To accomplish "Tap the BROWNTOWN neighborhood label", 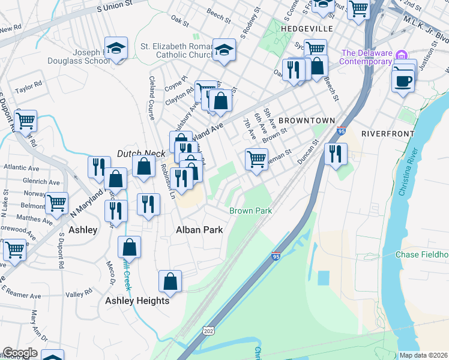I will point(306,121).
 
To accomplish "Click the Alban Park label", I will point(199,230).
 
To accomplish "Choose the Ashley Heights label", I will point(137,301).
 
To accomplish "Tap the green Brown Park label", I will point(251,211).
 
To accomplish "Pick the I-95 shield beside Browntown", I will point(341,130).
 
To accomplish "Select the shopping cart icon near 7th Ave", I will point(256,160).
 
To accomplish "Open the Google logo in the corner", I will point(20,353).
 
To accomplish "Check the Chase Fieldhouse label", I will point(422,254).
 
